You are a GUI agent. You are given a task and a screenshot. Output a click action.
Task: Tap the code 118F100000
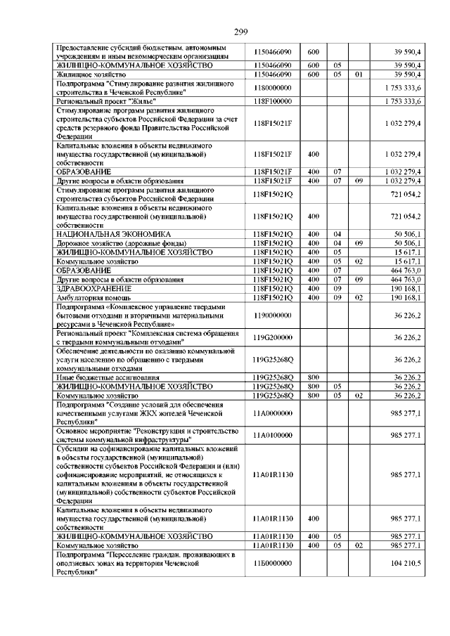(276, 101)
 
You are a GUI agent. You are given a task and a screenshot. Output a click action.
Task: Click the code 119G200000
(276, 338)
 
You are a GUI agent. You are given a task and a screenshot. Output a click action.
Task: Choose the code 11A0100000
(276, 435)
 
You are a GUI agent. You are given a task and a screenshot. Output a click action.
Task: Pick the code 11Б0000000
(276, 564)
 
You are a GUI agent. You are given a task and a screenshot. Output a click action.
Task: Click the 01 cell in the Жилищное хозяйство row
(359, 72)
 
